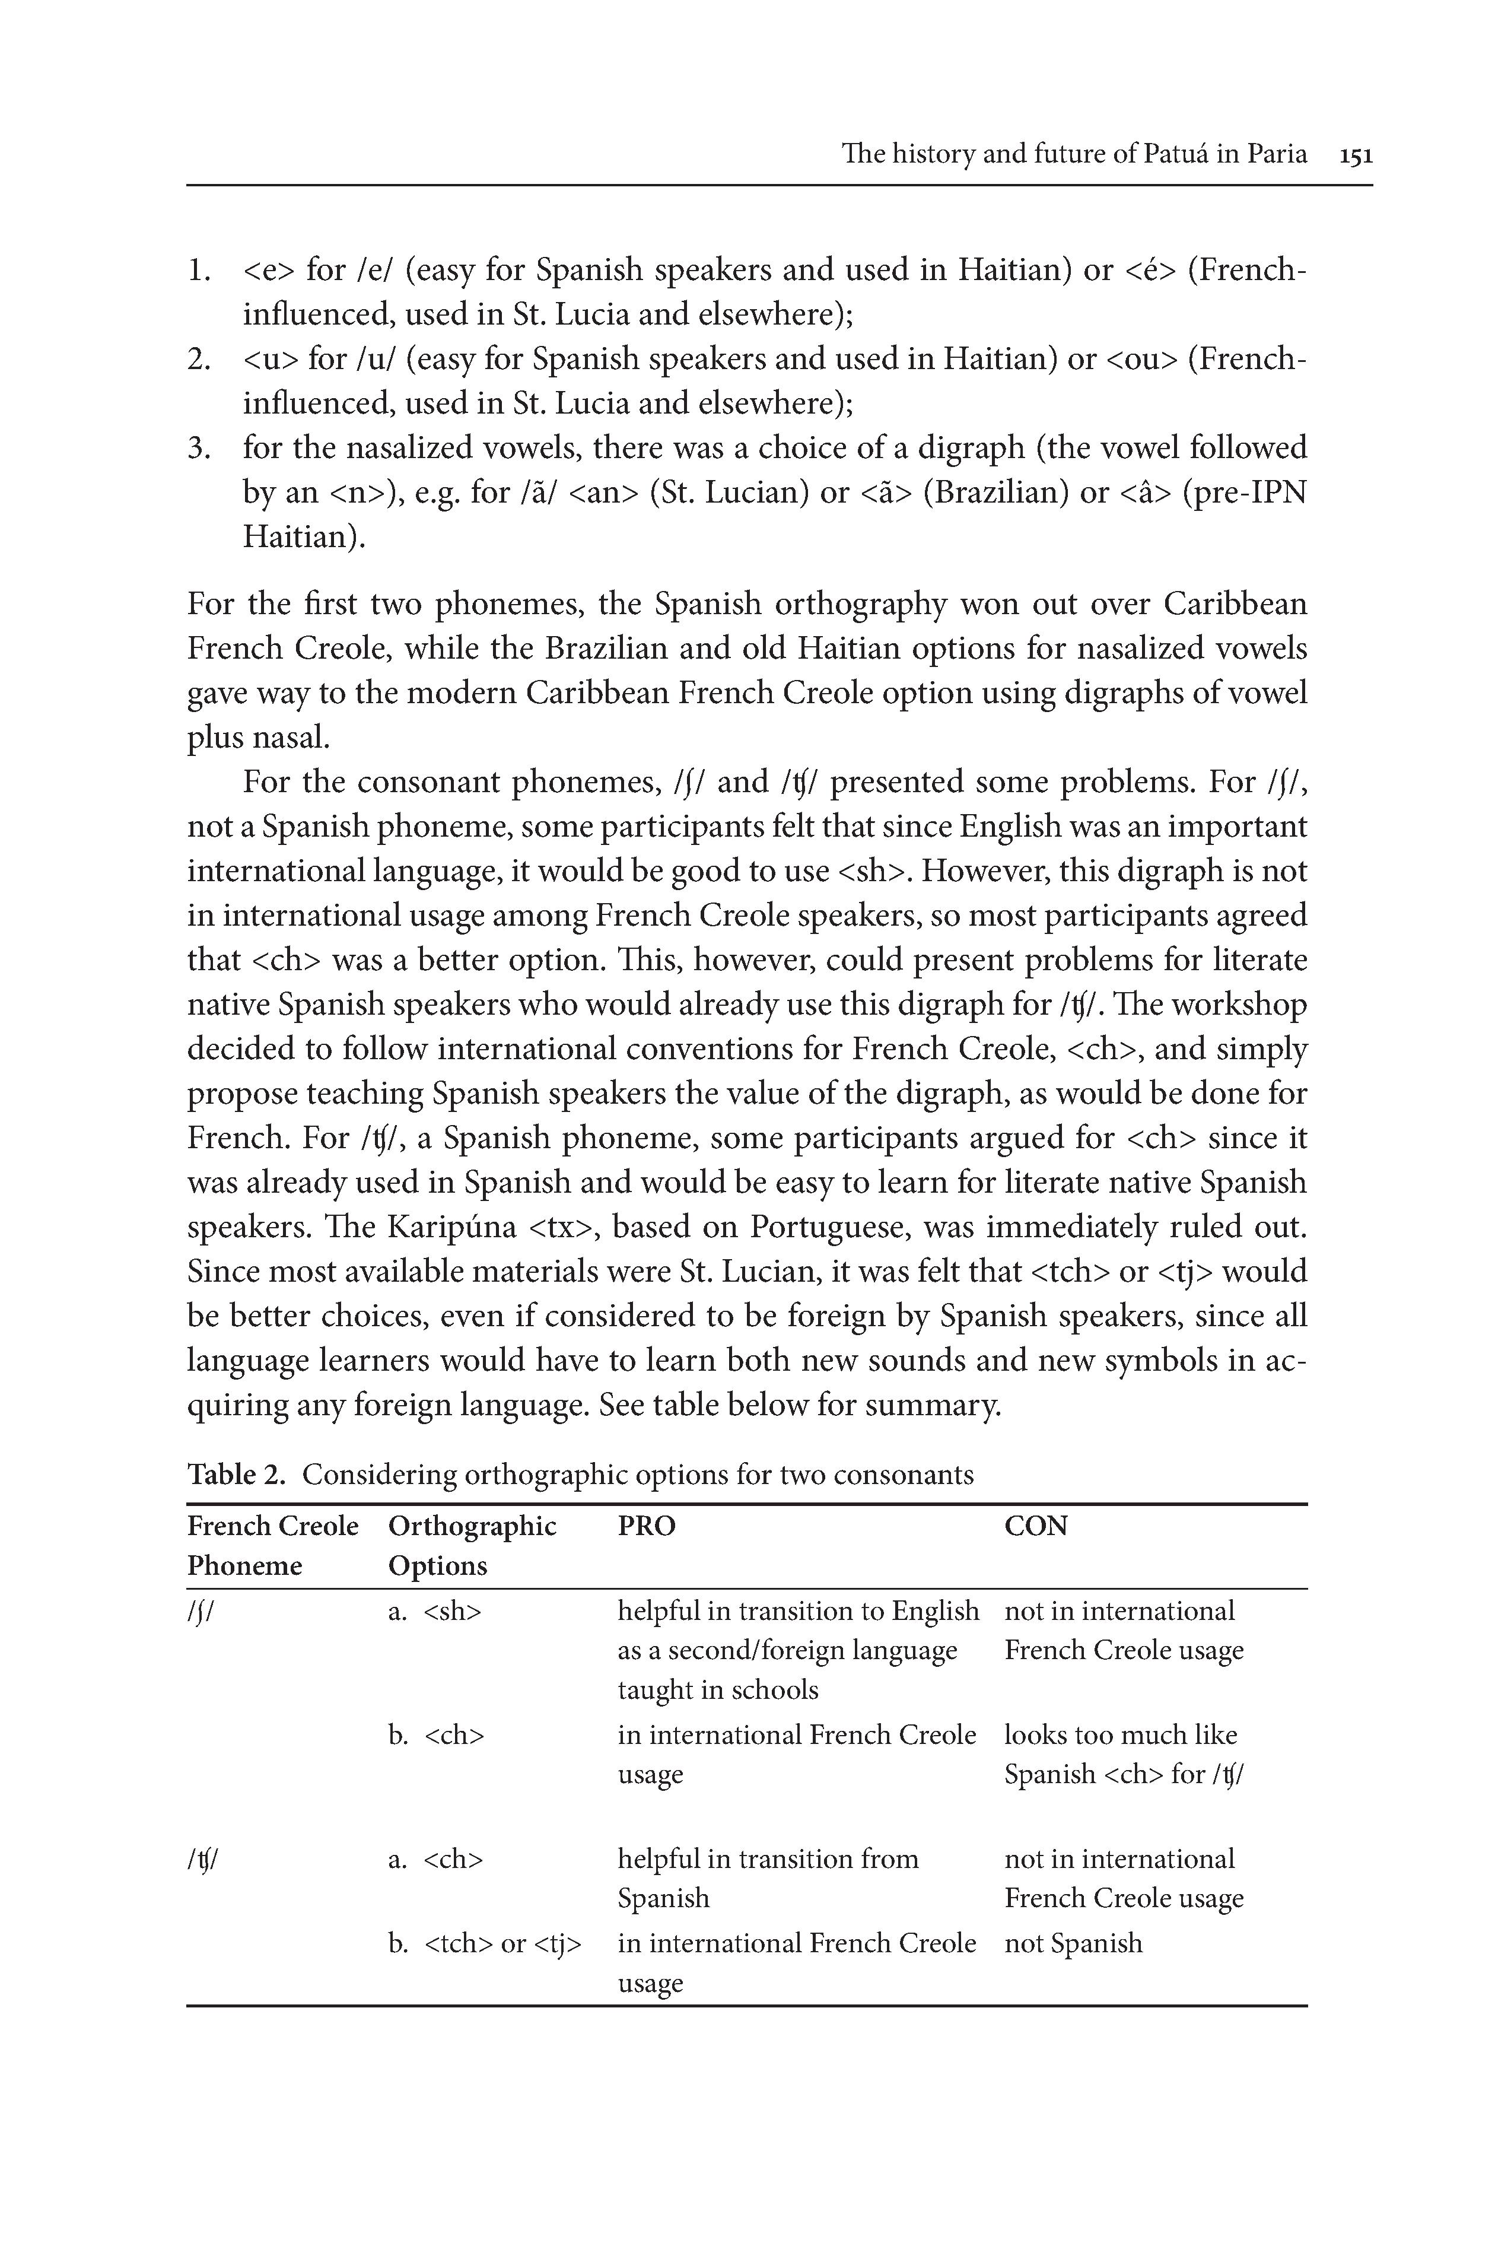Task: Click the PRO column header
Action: (647, 1527)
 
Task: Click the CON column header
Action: (1035, 1527)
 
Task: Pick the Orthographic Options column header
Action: (472, 1546)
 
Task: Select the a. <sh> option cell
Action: (435, 1612)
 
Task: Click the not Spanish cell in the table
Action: (1073, 1943)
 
